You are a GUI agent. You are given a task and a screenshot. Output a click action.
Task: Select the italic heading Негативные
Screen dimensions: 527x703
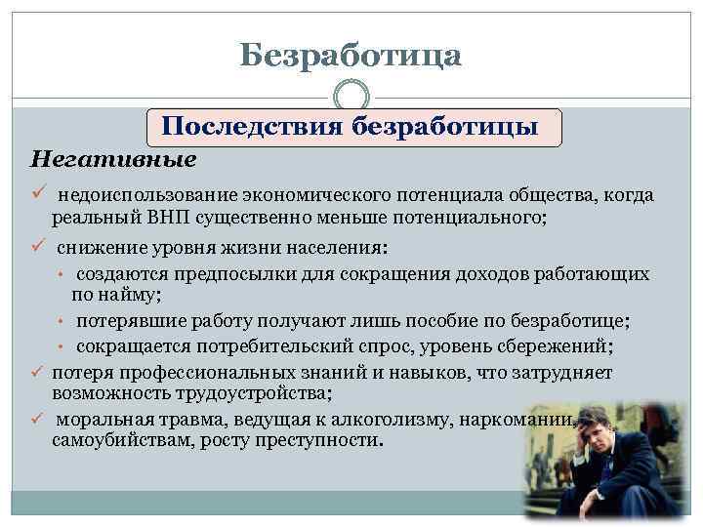coord(113,157)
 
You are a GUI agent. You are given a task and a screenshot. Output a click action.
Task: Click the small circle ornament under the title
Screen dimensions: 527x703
coord(351,98)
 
